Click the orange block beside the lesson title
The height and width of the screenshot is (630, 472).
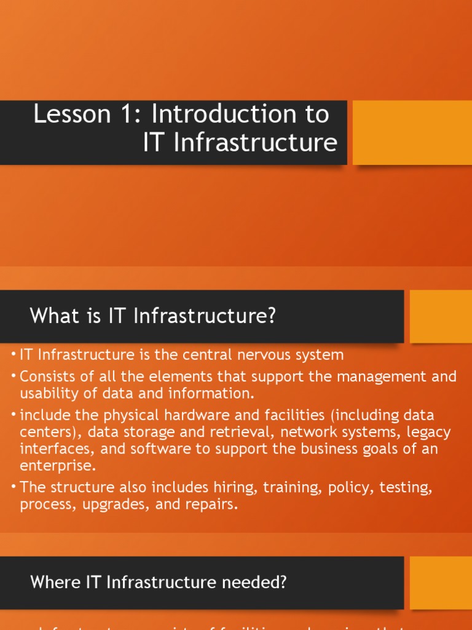tap(412, 132)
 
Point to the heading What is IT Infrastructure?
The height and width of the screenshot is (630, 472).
tap(153, 316)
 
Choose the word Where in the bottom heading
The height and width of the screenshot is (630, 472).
tap(50, 582)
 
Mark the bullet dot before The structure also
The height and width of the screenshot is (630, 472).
tap(14, 487)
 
